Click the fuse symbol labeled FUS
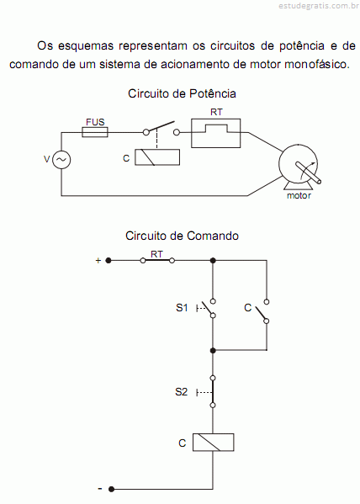(95, 132)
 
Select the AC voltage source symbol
(61, 160)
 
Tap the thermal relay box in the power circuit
(215, 133)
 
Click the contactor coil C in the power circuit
(157, 157)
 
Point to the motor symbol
(299, 167)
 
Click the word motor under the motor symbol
(299, 195)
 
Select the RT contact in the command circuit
(157, 260)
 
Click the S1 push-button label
(182, 308)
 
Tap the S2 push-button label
(182, 392)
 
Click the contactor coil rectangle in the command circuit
(213, 443)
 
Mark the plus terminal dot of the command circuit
(109, 260)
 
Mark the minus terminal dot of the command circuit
(111, 489)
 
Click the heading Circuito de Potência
(182, 93)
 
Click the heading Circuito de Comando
(182, 236)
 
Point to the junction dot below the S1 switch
(213, 350)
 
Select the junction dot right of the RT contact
(213, 260)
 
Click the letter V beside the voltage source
(47, 159)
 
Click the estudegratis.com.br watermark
(318, 5)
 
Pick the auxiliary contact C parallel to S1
(261, 311)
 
